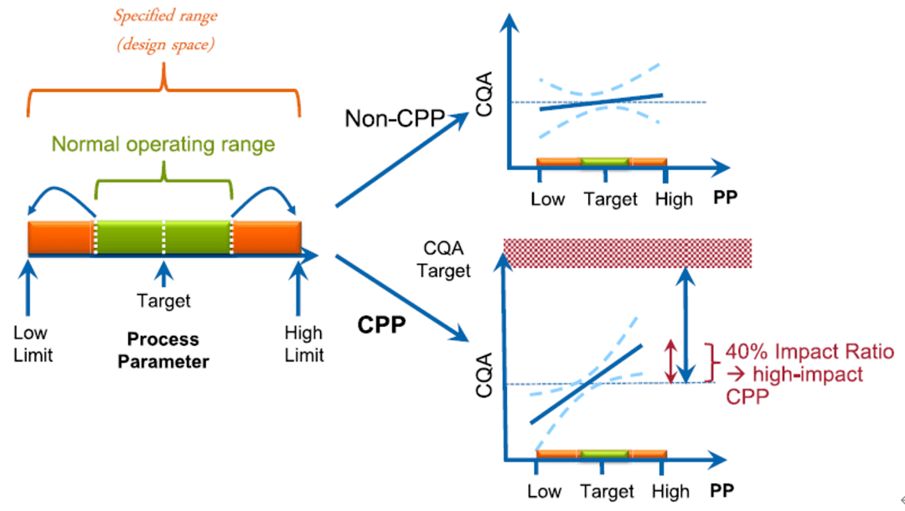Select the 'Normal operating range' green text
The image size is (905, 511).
[x=163, y=144]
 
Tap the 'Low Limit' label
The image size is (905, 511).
[x=33, y=343]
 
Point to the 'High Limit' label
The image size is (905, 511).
[x=303, y=343]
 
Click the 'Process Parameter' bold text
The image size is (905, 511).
[x=163, y=350]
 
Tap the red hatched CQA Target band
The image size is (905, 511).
[x=627, y=253]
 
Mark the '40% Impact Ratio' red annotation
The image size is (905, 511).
[x=809, y=352]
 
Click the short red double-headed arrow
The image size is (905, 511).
[x=670, y=360]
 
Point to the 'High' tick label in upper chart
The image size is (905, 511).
[x=675, y=199]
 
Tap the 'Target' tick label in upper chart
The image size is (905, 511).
[x=611, y=199]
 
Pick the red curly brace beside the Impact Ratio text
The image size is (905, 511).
[x=711, y=363]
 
